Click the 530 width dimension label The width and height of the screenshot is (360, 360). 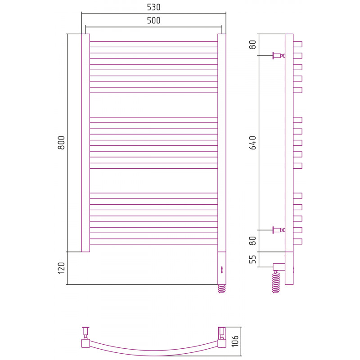(x=153, y=7)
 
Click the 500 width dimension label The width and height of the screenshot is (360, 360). (x=153, y=21)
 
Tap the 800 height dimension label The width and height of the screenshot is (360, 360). (x=61, y=143)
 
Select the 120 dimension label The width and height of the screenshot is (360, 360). (x=61, y=268)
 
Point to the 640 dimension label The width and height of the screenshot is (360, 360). (x=252, y=143)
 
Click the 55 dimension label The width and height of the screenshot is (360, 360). (x=252, y=260)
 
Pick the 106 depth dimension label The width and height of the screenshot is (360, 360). (x=235, y=341)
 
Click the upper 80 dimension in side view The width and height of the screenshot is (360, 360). (x=252, y=45)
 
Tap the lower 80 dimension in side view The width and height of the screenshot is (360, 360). (x=252, y=241)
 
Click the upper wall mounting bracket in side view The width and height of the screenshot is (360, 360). (x=279, y=55)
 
